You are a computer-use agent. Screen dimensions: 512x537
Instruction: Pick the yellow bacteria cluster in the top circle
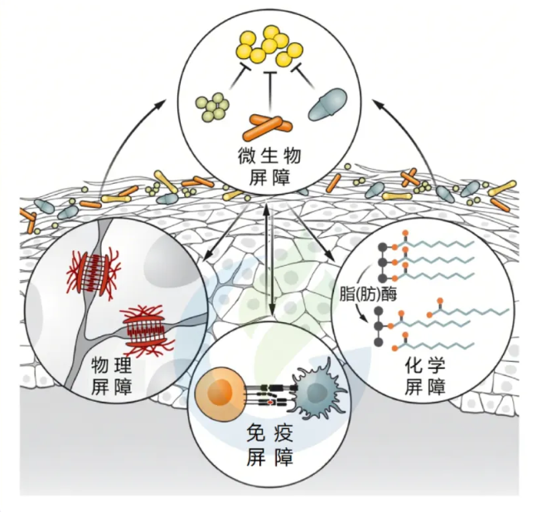tap(271, 46)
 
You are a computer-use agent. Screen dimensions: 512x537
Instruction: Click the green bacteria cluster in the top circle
tap(212, 106)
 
